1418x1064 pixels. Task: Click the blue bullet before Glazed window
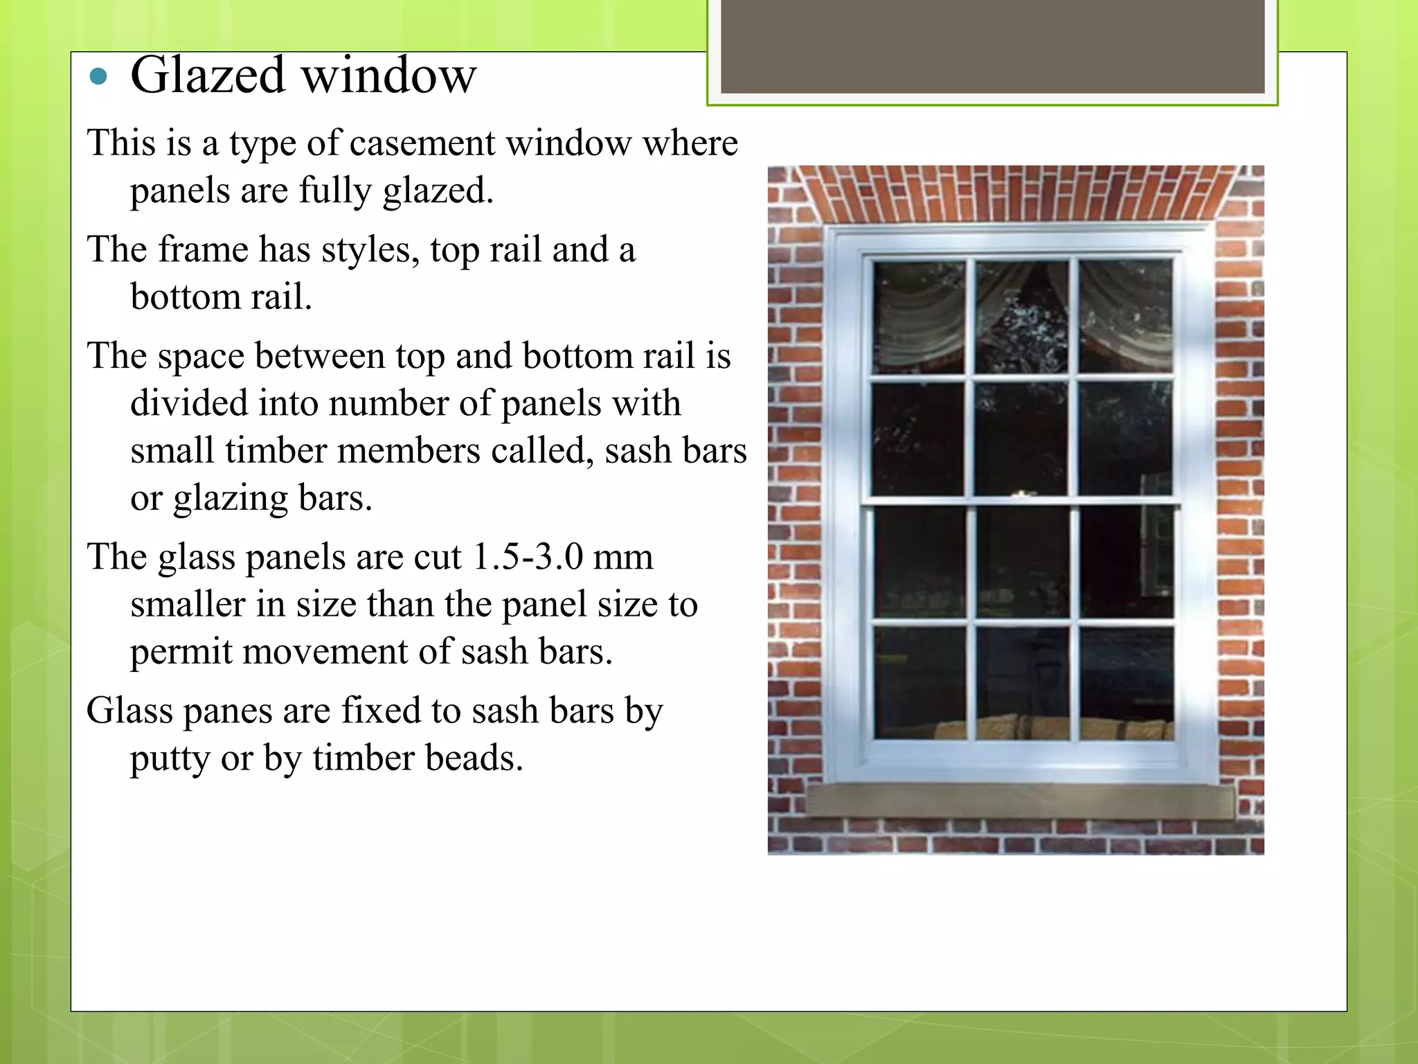99,76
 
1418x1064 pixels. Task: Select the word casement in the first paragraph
422,144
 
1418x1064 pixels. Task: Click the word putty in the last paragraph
170,758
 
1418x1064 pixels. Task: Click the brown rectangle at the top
992,47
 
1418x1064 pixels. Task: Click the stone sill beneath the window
1019,800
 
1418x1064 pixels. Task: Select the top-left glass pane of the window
919,317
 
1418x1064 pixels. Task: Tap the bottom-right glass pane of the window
1126,682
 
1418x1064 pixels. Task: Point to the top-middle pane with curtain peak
1021,317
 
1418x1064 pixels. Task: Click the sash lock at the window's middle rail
1021,494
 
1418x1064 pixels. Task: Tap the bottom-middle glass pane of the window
1022,682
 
